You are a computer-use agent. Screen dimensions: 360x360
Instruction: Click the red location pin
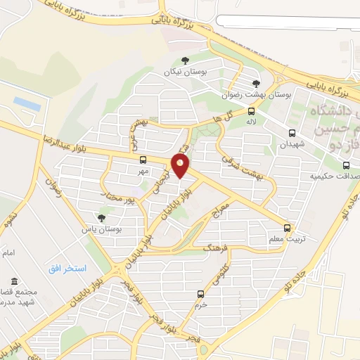tap(181, 165)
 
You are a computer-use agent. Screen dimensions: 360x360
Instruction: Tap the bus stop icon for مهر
tap(143, 159)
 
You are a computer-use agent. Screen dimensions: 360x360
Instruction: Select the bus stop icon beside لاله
tap(252, 110)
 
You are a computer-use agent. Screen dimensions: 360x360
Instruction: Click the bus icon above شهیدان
tap(292, 132)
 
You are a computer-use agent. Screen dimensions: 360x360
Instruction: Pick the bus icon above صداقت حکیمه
tap(346, 165)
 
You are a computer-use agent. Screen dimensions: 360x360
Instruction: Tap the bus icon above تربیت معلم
tap(287, 228)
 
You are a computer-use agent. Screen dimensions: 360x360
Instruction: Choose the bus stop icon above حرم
tap(201, 294)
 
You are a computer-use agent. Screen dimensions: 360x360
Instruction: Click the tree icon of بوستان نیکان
tap(185, 61)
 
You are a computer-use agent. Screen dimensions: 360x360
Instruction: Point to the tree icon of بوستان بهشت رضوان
tap(256, 84)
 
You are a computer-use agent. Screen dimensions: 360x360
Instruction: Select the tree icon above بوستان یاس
tap(101, 218)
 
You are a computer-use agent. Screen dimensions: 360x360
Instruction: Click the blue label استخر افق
tap(67, 269)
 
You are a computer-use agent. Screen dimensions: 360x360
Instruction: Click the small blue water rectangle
tap(27, 103)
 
